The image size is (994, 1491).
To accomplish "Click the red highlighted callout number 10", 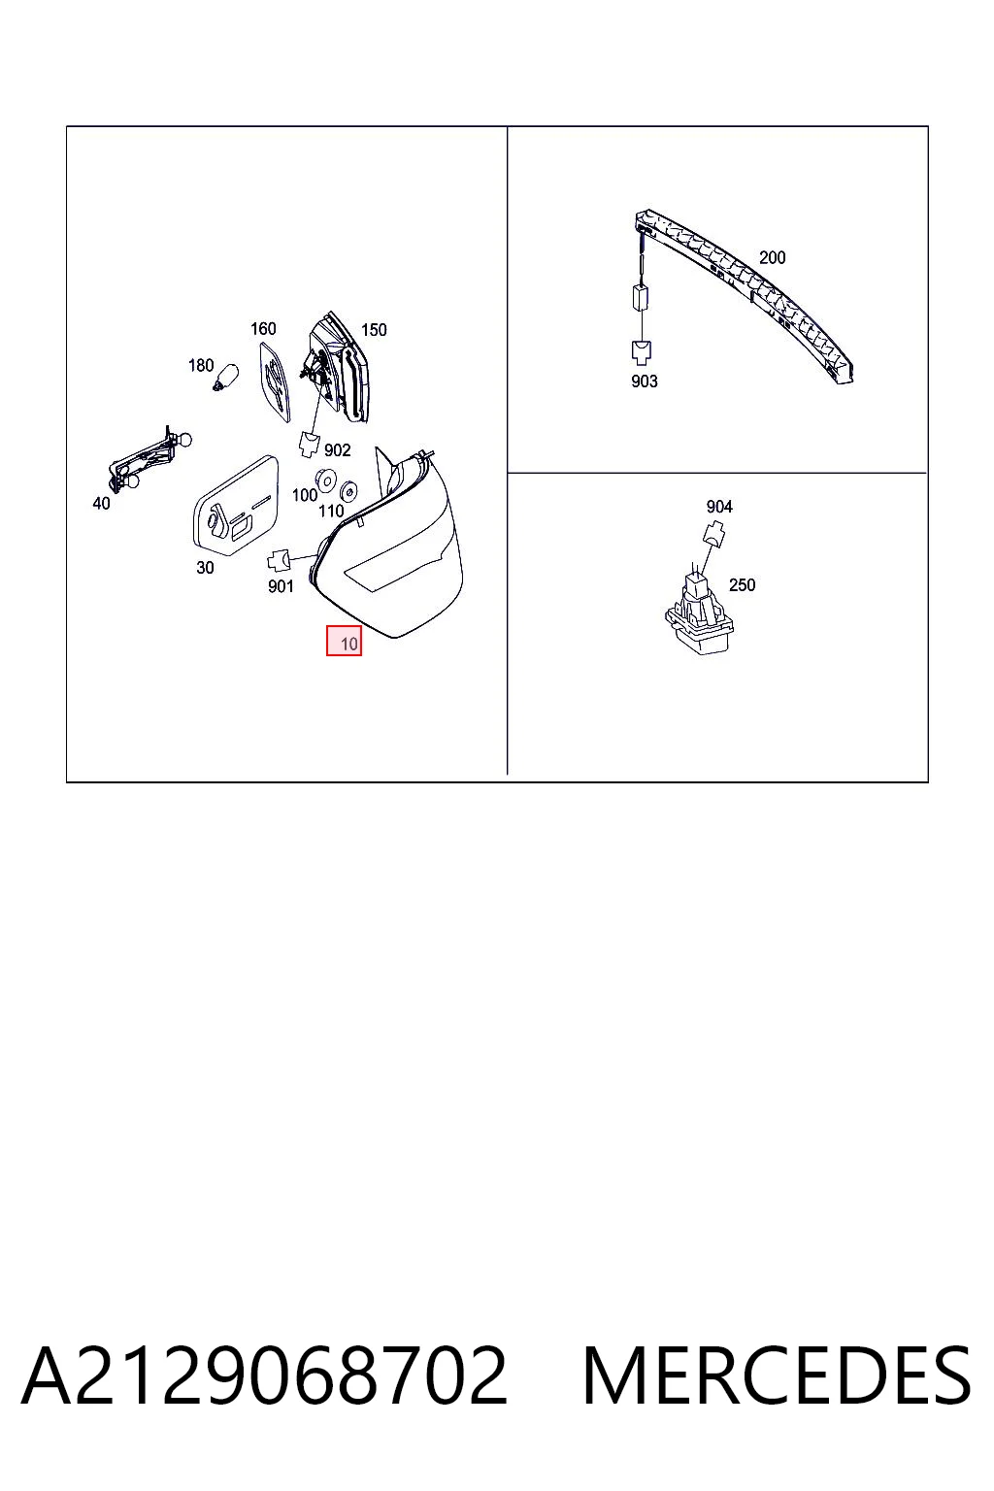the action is point(344,641).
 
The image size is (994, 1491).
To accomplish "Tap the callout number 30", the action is point(205,568).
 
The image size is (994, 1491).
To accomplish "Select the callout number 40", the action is point(101,504).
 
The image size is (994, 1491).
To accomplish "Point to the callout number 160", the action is point(263,329).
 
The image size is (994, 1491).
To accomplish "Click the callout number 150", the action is point(374,330).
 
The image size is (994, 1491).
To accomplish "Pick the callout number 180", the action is point(201,365).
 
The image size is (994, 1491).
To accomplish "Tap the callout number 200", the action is point(773,257).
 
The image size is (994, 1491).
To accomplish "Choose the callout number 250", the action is point(743,585).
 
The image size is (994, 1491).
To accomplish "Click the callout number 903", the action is point(645,381).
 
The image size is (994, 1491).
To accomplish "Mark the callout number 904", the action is point(719,507).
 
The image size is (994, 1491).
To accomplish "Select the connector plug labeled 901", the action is point(279,560).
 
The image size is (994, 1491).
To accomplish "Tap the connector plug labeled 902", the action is point(309,444).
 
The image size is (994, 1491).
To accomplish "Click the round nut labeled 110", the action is point(348,492).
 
